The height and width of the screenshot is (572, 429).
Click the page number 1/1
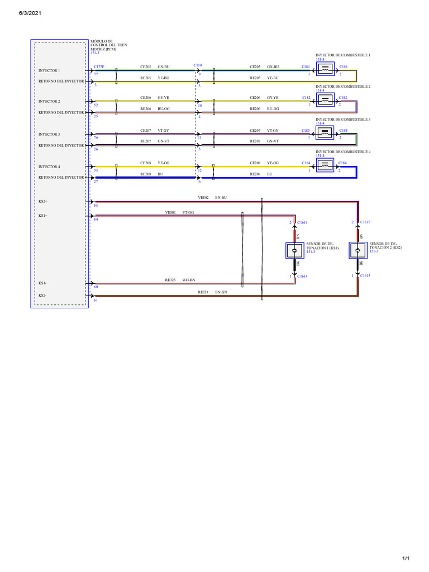click(x=406, y=558)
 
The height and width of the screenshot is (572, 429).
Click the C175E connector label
click(x=99, y=66)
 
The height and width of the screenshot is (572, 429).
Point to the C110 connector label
click(x=198, y=65)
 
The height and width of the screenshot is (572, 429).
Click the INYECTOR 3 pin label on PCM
click(x=49, y=135)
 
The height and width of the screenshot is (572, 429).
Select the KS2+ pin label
click(x=43, y=201)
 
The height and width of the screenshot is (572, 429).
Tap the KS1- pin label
click(x=43, y=284)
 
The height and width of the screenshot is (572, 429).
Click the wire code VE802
click(x=203, y=198)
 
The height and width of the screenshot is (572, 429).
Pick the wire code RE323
click(x=170, y=280)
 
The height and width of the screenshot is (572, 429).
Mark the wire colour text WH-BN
click(x=189, y=280)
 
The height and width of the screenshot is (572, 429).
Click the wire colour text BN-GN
click(x=221, y=292)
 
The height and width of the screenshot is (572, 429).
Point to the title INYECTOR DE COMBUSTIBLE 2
click(x=343, y=87)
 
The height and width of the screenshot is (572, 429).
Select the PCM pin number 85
click(x=96, y=206)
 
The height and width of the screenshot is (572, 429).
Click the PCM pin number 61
click(x=96, y=300)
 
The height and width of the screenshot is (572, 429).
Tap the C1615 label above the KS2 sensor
click(x=365, y=222)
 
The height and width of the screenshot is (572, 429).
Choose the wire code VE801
click(x=170, y=212)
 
